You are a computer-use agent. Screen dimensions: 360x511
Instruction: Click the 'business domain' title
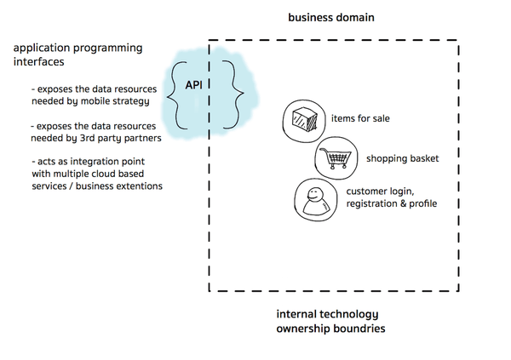pyautogui.click(x=331, y=18)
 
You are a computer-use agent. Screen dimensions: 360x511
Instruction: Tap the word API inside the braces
pyautogui.click(x=196, y=86)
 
